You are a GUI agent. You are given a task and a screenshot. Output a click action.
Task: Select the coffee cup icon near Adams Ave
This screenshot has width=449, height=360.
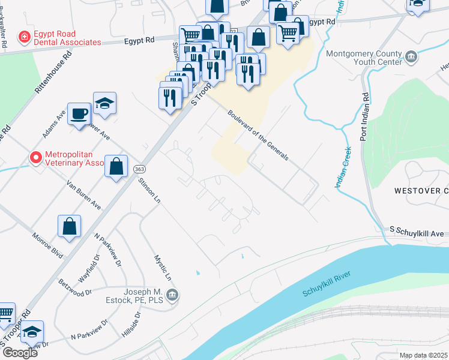coord(79,113)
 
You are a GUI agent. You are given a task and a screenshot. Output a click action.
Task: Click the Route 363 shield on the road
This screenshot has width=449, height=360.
coord(139,170)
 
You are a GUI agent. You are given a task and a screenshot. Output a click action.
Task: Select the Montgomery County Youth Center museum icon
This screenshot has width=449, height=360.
coord(411,57)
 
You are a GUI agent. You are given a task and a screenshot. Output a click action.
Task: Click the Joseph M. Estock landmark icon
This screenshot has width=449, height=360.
coord(172,294)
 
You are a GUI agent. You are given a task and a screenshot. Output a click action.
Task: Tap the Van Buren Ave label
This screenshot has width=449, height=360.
coord(83,194)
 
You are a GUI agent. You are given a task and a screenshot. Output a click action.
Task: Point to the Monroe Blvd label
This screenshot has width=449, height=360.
coord(47,245)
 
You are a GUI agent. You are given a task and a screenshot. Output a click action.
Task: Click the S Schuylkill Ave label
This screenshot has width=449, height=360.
coord(416,231)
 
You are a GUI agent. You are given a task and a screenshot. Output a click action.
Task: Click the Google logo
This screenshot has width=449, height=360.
coord(19,352)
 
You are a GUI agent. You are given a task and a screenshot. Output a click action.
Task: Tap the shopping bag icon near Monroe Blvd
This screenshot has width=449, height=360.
coord(70,227)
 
